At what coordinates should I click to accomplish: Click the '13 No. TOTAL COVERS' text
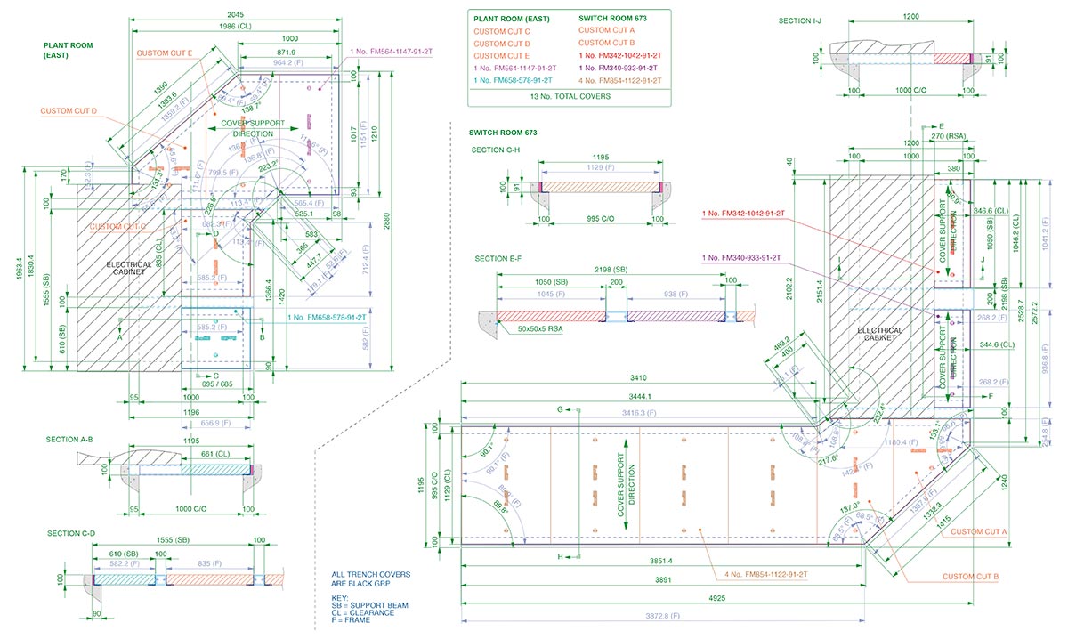point(570,95)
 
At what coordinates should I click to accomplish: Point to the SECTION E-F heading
point(498,258)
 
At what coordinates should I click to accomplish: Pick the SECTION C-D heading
point(70,533)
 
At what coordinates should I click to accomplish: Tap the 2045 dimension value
point(236,14)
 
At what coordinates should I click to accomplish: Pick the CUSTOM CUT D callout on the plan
point(69,111)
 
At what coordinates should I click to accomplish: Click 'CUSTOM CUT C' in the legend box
point(502,30)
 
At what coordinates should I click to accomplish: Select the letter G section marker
point(561,409)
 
